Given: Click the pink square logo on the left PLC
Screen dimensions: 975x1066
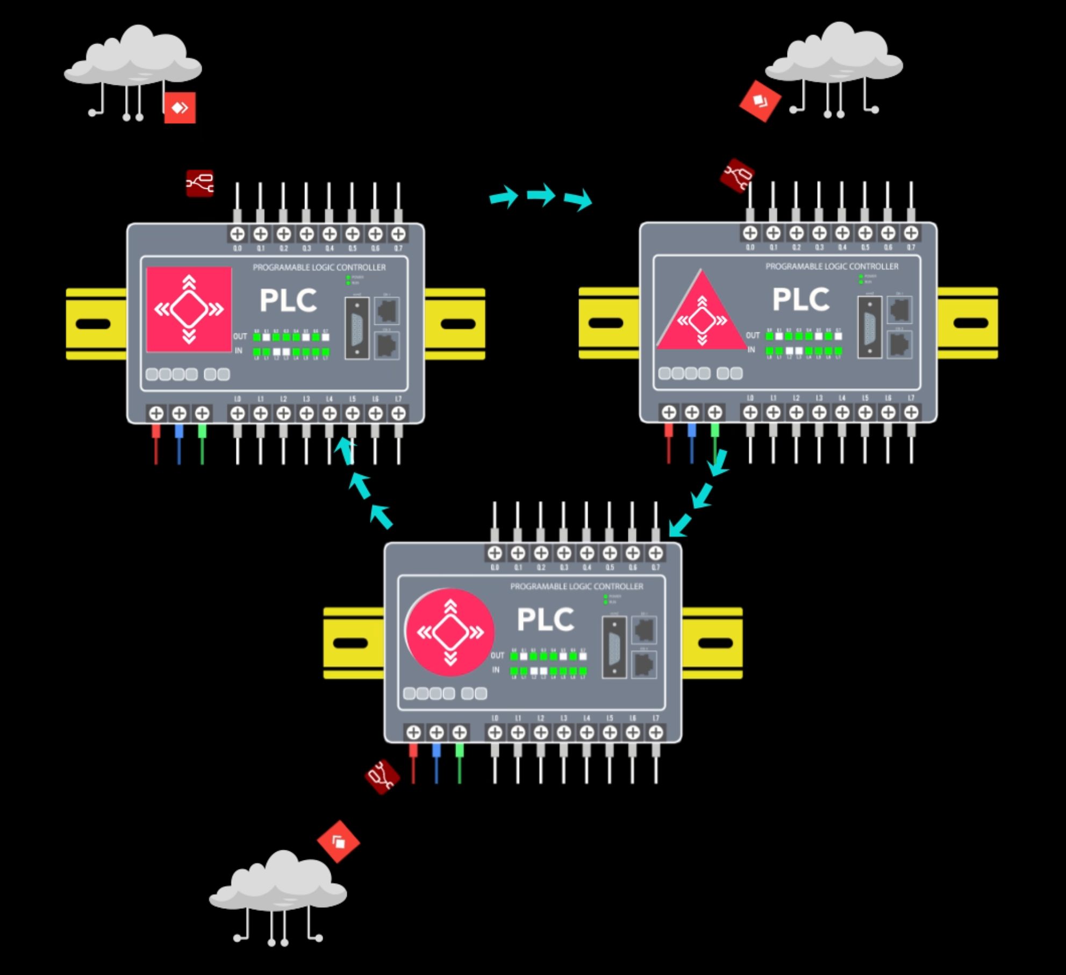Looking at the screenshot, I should click(x=189, y=309).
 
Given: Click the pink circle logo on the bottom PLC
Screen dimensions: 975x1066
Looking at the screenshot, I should click(x=450, y=632).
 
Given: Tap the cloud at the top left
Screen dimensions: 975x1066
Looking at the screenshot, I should click(x=133, y=59).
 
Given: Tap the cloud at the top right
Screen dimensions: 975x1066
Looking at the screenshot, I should click(x=834, y=56).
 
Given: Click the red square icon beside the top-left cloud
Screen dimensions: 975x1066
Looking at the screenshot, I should click(x=180, y=108).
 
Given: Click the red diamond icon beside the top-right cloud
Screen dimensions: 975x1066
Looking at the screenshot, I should click(x=759, y=101).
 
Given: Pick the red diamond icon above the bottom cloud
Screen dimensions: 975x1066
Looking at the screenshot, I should click(x=338, y=841).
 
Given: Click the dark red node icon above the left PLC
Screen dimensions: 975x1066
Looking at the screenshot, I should click(x=200, y=183).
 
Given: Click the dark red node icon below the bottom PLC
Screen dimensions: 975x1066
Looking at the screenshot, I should click(x=382, y=777).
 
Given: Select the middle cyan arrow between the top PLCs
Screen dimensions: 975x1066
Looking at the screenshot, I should click(x=541, y=195).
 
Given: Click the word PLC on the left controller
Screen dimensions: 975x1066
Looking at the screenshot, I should click(x=288, y=300).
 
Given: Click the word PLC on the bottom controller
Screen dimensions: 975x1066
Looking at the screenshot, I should click(x=545, y=620).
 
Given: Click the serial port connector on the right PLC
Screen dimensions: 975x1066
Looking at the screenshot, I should click(x=869, y=326).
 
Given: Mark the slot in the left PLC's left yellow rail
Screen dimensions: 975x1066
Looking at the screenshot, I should click(x=93, y=324).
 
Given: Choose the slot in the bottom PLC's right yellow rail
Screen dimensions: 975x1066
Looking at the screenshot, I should click(x=715, y=643).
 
